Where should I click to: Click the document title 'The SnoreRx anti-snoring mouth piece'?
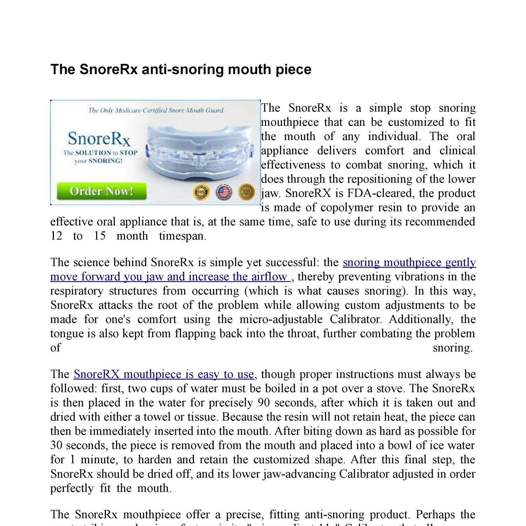[x=181, y=69]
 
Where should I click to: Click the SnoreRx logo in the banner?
[x=99, y=139]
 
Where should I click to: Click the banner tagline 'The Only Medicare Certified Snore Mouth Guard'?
[x=156, y=110]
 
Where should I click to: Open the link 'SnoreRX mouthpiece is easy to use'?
[x=163, y=374]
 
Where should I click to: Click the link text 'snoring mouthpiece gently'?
[x=409, y=262]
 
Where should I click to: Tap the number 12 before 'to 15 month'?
[x=56, y=236]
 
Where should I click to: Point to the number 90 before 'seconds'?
[x=263, y=403]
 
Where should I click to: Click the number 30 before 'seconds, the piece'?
[x=56, y=445]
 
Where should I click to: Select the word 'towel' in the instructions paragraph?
[x=161, y=417]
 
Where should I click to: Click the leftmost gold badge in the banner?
[x=201, y=192]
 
